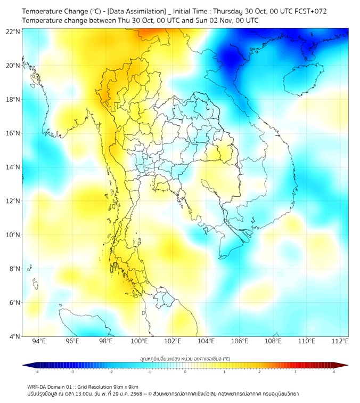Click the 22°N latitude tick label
[13, 31]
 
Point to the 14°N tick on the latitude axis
[13, 167]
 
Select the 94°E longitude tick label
[39, 342]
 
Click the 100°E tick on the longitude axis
[140, 342]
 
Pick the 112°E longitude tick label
[340, 342]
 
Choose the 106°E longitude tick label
[240, 342]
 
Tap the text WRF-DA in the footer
[38, 386]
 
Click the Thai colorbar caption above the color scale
[185, 358]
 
